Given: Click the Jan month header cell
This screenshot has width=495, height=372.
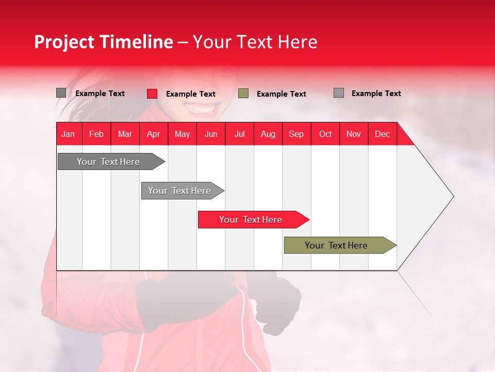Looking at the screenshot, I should [x=69, y=134].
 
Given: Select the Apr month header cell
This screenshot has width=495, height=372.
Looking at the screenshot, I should [x=154, y=134].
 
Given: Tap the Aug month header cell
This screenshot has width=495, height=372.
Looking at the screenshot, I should [x=268, y=134].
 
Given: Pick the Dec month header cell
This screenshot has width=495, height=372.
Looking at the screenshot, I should [x=383, y=134].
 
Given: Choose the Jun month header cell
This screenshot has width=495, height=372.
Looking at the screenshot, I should [x=211, y=134].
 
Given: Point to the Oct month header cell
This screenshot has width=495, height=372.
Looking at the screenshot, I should [x=325, y=134].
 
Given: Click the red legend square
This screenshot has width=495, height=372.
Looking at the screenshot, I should [x=152, y=94].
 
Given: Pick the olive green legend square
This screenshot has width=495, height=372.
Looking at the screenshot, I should [x=243, y=93].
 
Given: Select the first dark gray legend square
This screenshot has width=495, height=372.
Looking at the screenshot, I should [x=61, y=93].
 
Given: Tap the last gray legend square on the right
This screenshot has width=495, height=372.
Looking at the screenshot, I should [x=338, y=93].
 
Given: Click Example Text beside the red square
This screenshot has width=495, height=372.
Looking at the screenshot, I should [x=190, y=94].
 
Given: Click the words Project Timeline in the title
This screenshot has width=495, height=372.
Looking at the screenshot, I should [x=104, y=42].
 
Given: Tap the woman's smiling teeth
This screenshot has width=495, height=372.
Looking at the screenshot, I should [x=201, y=108].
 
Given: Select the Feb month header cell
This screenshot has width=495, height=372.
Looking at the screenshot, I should [x=96, y=134].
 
